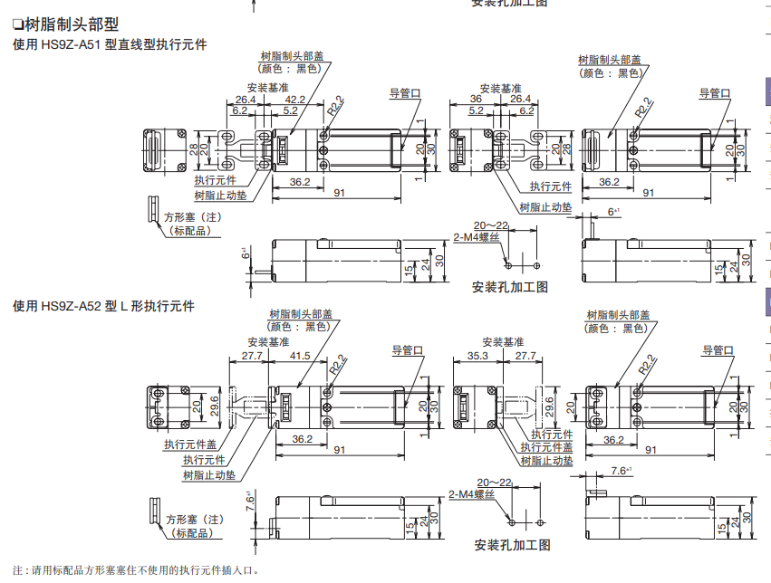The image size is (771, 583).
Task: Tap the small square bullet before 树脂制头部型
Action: tap(17, 24)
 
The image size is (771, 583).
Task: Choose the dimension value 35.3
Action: tap(477, 356)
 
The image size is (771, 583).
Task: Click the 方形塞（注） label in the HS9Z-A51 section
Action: tap(192, 217)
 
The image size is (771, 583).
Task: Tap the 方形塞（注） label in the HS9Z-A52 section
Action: tap(193, 520)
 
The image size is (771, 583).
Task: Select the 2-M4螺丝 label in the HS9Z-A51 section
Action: tap(477, 236)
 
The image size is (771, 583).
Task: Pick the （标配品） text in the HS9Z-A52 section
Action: tap(191, 533)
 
